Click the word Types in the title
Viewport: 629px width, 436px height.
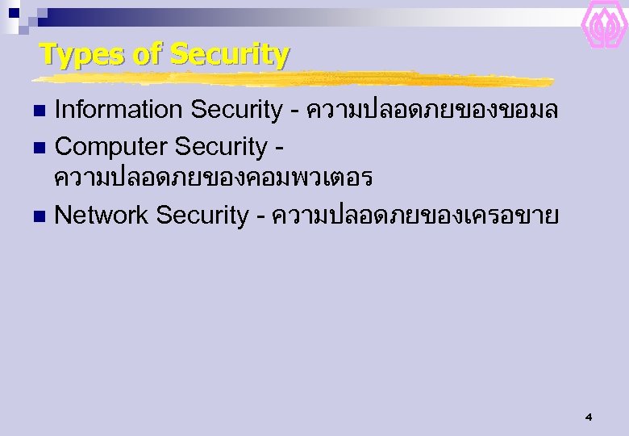[73, 55]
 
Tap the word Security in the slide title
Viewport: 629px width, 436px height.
[230, 55]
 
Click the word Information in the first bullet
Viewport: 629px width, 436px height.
[108, 110]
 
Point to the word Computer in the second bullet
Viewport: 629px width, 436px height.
[110, 147]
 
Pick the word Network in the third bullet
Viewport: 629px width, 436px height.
[102, 215]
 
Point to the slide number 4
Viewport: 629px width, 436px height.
[588, 417]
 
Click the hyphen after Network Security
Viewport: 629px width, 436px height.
[260, 216]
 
